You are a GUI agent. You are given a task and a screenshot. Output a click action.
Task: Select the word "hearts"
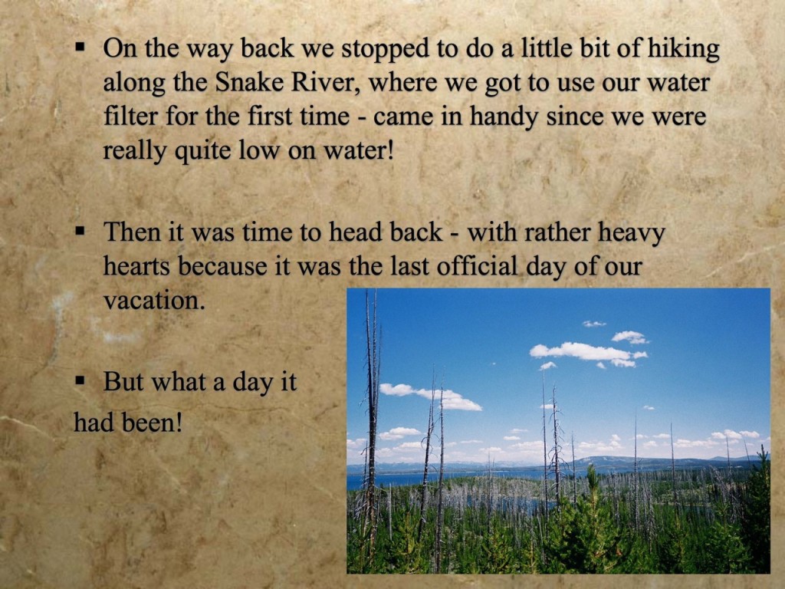pyautogui.click(x=136, y=266)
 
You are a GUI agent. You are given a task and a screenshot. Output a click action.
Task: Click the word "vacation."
pyautogui.click(x=154, y=301)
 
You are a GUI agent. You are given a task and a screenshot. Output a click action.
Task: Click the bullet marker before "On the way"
pyautogui.click(x=80, y=48)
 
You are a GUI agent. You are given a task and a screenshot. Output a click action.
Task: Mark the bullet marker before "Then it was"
pyautogui.click(x=80, y=231)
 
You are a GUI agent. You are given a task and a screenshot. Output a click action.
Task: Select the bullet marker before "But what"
pyautogui.click(x=80, y=380)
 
